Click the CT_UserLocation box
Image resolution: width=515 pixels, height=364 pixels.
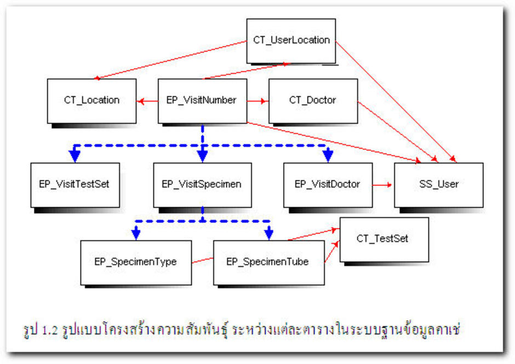290,41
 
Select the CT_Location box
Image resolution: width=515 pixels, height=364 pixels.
91,101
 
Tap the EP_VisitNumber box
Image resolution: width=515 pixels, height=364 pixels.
202,101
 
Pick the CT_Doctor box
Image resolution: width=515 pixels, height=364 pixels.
313,101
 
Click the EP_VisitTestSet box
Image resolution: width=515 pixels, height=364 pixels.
75,185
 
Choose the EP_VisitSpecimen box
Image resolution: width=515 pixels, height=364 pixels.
202,185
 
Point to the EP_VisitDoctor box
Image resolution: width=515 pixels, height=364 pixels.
328,185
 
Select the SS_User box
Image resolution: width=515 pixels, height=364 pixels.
438,185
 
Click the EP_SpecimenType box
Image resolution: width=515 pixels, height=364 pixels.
135,262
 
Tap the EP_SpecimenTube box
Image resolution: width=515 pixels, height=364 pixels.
268,262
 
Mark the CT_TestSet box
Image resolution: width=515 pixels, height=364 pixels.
384,239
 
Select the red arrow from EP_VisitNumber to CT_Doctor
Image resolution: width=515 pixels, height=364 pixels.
257,101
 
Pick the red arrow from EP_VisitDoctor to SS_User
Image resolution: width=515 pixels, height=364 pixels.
383,185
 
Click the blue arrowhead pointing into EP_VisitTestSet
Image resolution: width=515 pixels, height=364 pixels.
75,156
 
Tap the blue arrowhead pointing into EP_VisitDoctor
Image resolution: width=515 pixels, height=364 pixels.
328,156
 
